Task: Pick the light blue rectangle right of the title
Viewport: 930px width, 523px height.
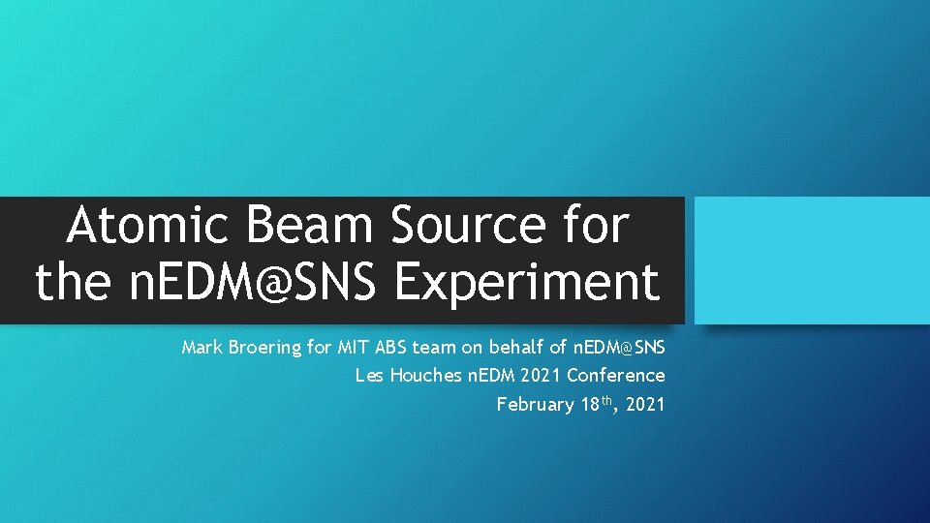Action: (x=812, y=261)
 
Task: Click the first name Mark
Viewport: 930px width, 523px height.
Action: (x=201, y=347)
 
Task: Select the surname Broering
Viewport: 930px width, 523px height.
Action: (x=265, y=347)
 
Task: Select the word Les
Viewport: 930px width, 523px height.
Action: (x=369, y=376)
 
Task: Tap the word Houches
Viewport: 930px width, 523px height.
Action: (x=425, y=376)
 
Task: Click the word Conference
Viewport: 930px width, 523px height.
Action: (x=616, y=376)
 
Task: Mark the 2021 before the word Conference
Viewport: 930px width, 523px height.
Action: (x=542, y=376)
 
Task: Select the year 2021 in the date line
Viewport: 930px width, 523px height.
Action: (x=646, y=405)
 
